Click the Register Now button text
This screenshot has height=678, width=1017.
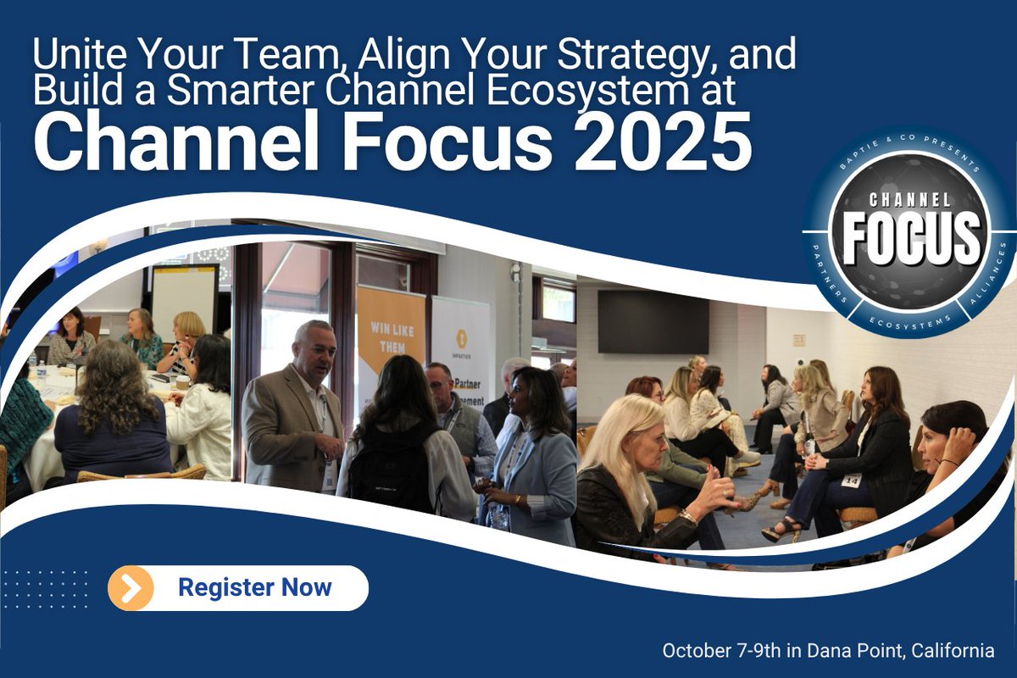254,587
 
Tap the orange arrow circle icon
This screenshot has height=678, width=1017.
131,588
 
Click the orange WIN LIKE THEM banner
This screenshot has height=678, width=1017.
390,339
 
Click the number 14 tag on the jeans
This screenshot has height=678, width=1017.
850,480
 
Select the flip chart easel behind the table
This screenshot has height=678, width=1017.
184,297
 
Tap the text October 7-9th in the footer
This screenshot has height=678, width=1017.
720,651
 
